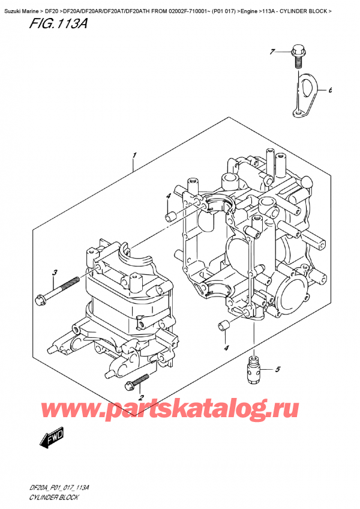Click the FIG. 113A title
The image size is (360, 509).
pyautogui.click(x=58, y=23)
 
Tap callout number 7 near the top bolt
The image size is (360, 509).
pyautogui.click(x=272, y=51)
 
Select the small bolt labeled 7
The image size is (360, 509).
pyautogui.click(x=296, y=57)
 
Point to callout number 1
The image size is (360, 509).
pyautogui.click(x=134, y=155)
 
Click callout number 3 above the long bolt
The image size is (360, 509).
pyautogui.click(x=55, y=273)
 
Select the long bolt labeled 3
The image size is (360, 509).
pyautogui.click(x=57, y=289)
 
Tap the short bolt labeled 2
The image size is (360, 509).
pyautogui.click(x=137, y=382)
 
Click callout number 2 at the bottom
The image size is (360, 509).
pyautogui.click(x=140, y=397)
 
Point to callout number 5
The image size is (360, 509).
pyautogui.click(x=277, y=369)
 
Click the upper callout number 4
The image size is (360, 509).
pyautogui.click(x=168, y=196)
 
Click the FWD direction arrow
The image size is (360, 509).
pyautogui.click(x=52, y=438)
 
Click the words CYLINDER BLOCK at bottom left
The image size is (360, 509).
pyautogui.click(x=54, y=498)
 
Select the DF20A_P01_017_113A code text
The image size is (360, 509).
pyautogui.click(x=59, y=488)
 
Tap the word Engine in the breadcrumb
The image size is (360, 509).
pyautogui.click(x=249, y=11)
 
